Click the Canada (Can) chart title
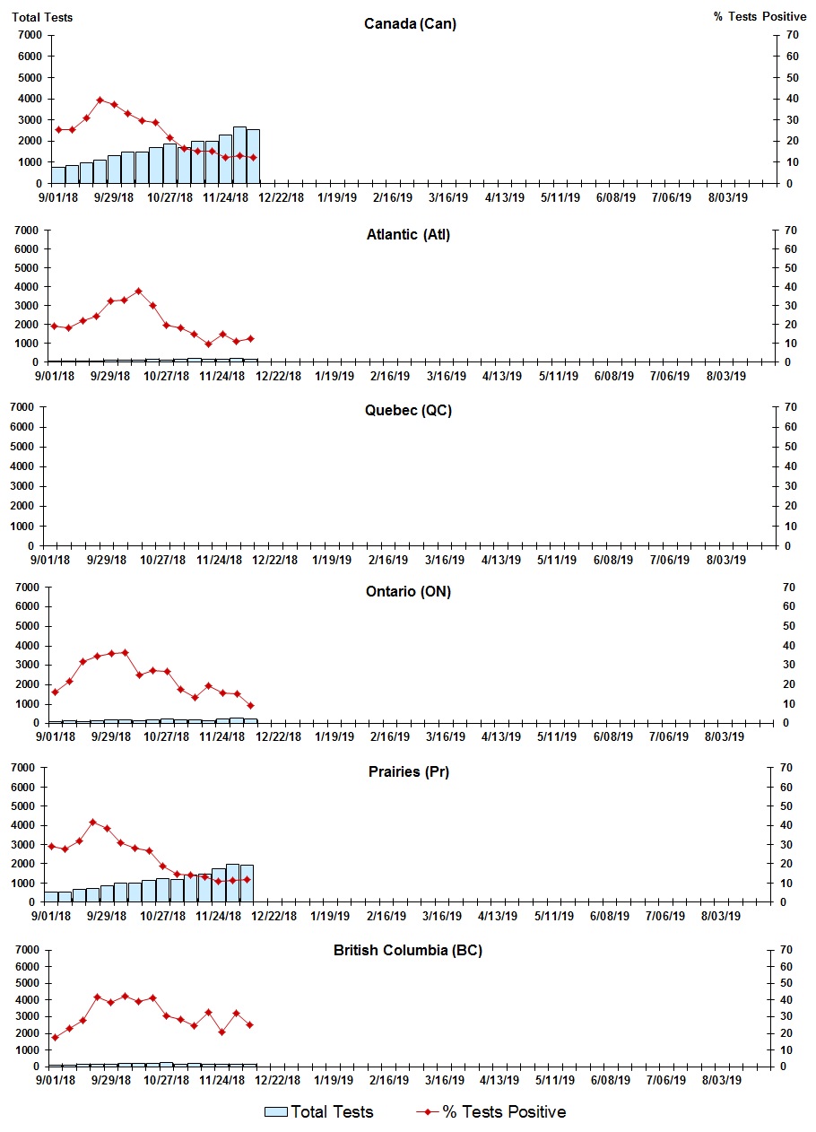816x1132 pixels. (x=410, y=23)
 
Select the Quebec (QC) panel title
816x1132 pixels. (x=408, y=411)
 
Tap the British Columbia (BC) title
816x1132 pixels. (x=408, y=950)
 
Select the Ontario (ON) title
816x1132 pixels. (x=408, y=592)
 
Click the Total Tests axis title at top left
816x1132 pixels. (x=42, y=17)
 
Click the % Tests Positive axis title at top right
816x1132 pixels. (x=760, y=17)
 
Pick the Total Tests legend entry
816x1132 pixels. (x=319, y=1112)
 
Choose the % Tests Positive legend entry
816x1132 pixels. (x=491, y=1112)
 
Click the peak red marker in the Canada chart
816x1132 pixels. (x=100, y=100)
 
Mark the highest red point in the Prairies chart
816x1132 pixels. (x=92, y=822)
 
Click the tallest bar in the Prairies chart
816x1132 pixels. (x=232, y=883)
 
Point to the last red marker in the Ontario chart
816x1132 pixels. (x=251, y=705)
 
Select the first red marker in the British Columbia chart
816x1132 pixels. (x=56, y=1037)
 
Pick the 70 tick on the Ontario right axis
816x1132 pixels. (x=790, y=588)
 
